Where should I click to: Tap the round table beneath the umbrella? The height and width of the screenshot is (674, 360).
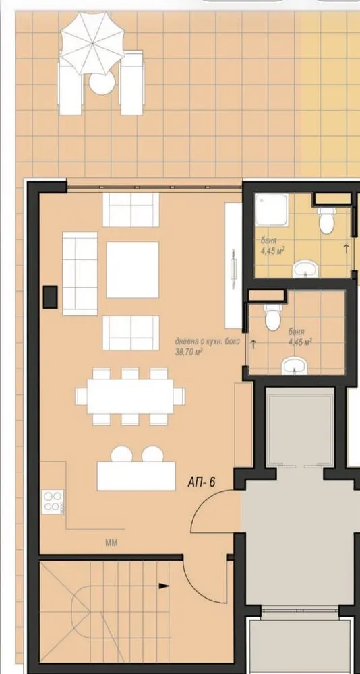click(x=102, y=84)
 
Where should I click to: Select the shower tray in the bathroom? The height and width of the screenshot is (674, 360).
click(x=270, y=213)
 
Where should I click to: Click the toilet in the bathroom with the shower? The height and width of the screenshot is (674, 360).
click(x=326, y=217)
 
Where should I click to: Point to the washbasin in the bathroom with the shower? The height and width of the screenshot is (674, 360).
click(x=307, y=269)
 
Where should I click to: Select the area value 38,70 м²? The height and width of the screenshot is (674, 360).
click(x=189, y=351)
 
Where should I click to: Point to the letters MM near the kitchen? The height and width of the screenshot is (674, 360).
click(x=111, y=542)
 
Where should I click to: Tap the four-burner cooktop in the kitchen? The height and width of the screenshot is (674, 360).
click(x=53, y=502)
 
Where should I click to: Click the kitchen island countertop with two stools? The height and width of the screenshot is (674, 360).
click(x=137, y=475)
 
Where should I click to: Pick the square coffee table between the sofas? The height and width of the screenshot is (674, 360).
click(x=132, y=270)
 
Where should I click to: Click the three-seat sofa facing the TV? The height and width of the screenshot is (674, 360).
click(x=79, y=273)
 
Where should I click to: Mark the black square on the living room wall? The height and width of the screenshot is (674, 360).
click(x=50, y=295)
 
